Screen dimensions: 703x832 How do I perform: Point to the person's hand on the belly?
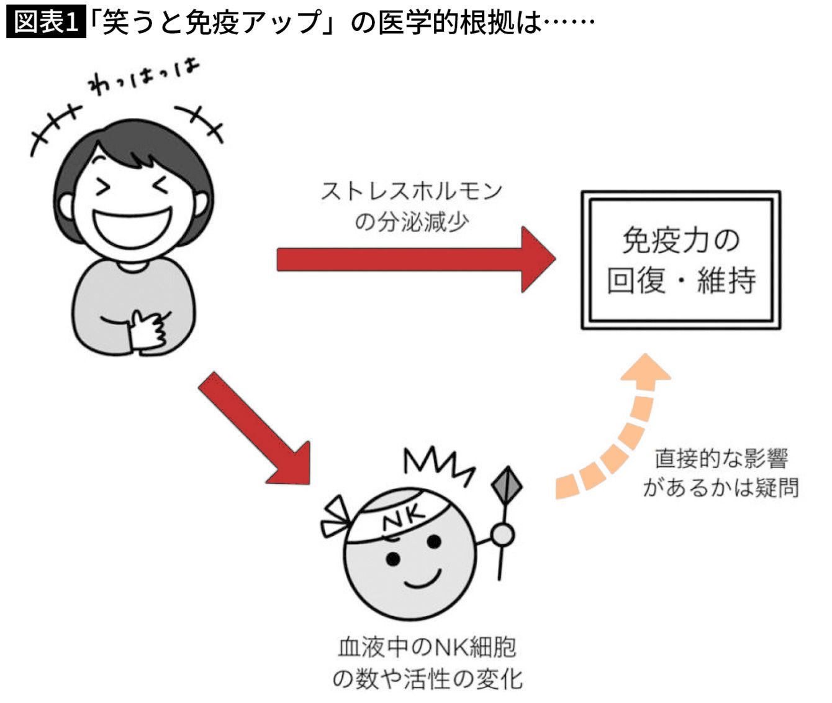(148, 329)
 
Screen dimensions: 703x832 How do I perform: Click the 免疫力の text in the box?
(681, 241)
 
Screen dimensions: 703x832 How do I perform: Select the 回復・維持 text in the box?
(681, 281)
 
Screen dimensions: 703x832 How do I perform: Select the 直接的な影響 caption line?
(721, 458)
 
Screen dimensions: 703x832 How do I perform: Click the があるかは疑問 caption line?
(721, 487)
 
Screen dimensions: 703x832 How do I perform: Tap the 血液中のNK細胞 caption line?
(427, 648)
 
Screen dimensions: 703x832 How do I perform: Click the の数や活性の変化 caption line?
(427, 678)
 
